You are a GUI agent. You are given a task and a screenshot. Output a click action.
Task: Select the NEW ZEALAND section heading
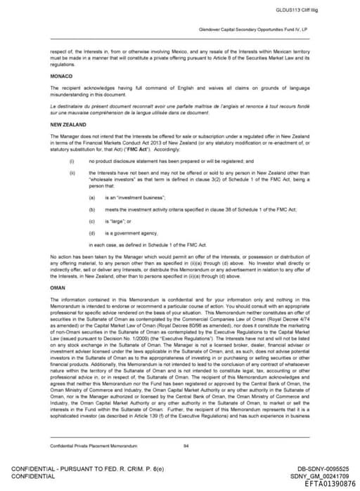[68, 124]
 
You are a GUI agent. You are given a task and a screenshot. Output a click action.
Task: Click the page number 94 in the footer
[186, 445]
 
